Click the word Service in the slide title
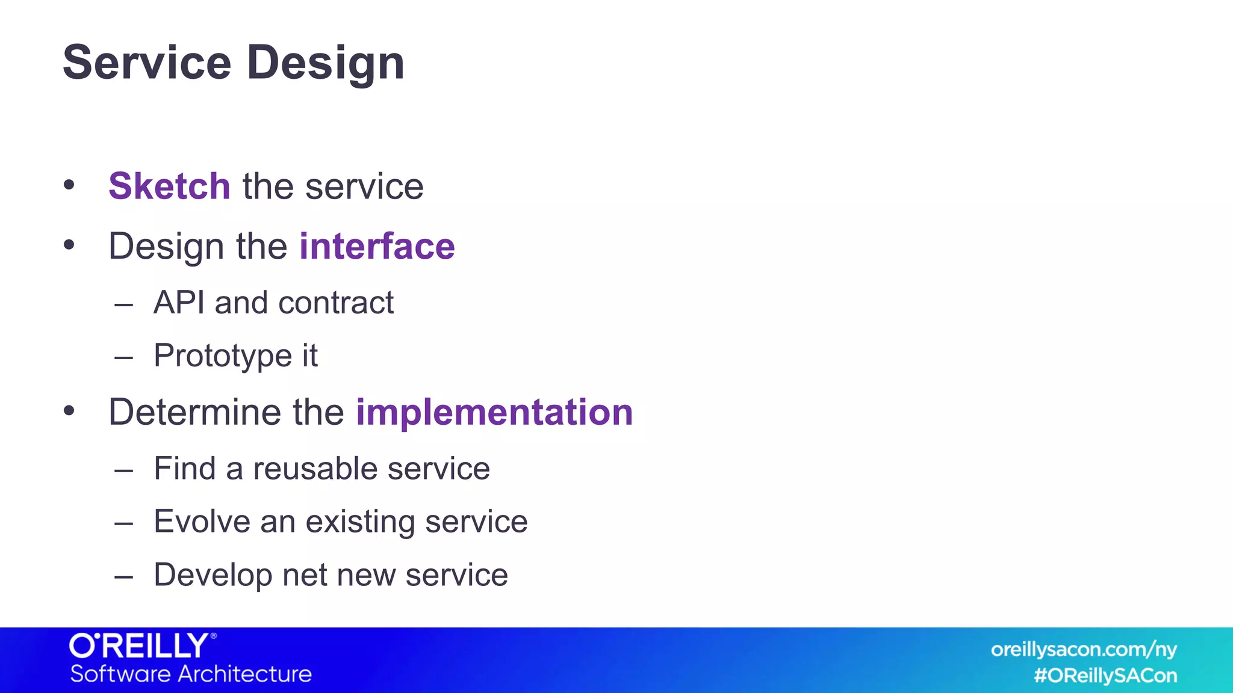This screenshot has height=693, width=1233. pyautogui.click(x=147, y=63)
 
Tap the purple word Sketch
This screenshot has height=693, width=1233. pyautogui.click(x=169, y=186)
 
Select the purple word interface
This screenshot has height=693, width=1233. pyautogui.click(x=377, y=246)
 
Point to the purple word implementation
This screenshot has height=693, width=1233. pyautogui.click(x=494, y=412)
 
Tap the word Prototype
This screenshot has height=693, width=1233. pyautogui.click(x=223, y=356)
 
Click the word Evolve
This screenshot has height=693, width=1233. pyautogui.click(x=202, y=521)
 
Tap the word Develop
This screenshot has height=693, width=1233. pyautogui.click(x=213, y=574)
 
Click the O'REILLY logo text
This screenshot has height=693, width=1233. pyautogui.click(x=140, y=645)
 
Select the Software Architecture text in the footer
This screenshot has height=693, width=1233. pyautogui.click(x=191, y=674)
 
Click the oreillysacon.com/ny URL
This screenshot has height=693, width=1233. pyautogui.click(x=1084, y=650)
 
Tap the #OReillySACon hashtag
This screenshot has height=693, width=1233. pyautogui.click(x=1105, y=676)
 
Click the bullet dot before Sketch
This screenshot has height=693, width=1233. pyautogui.click(x=69, y=185)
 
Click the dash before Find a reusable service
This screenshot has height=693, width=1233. pyautogui.click(x=123, y=470)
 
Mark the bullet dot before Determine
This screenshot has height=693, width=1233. pyautogui.click(x=69, y=411)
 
